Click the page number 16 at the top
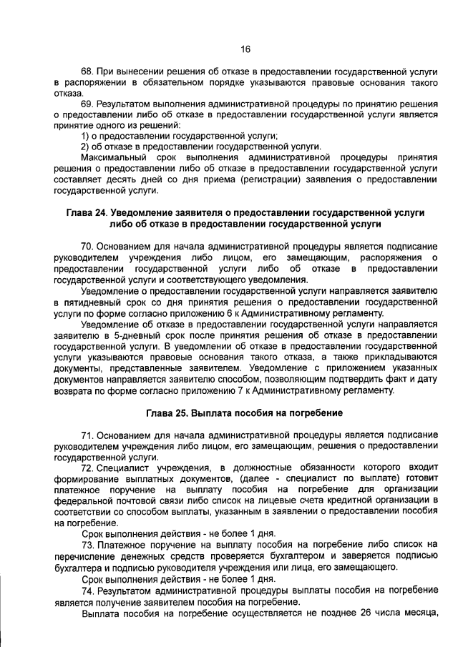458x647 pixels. point(245,49)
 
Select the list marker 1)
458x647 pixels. point(86,136)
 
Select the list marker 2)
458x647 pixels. point(86,146)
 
